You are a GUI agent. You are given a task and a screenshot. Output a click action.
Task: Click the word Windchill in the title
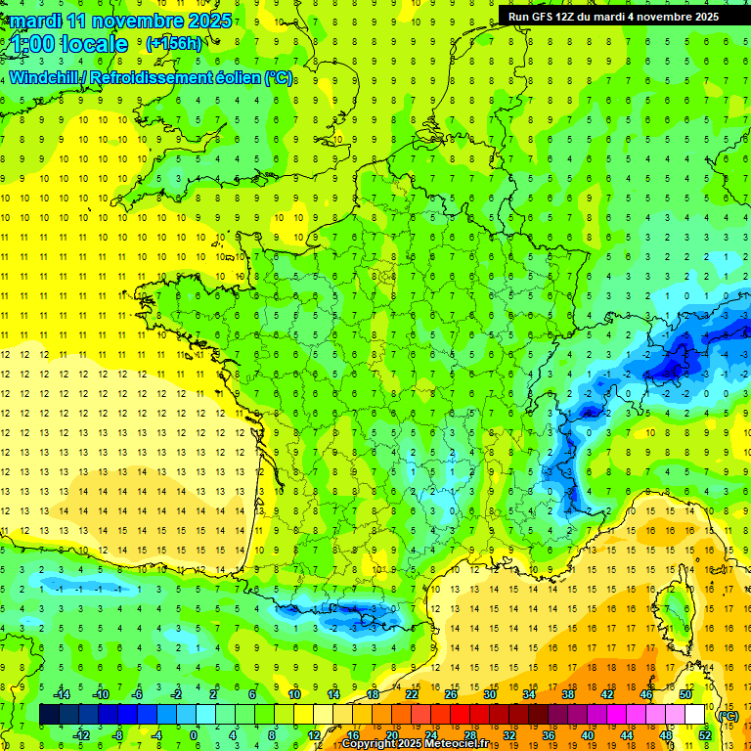[45, 77]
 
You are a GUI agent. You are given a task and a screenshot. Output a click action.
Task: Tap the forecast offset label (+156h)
[173, 43]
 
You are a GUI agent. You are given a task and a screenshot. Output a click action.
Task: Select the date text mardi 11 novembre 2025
[121, 21]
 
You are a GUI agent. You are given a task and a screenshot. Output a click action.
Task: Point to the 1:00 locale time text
[69, 44]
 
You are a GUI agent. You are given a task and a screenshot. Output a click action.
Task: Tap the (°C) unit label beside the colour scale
[728, 715]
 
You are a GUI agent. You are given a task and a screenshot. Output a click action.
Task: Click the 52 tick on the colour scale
[705, 734]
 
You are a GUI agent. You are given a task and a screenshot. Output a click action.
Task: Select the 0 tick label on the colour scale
[193, 734]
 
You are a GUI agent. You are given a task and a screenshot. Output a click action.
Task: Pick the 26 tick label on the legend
[451, 694]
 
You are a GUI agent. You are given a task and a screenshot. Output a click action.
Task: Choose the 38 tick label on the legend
[568, 694]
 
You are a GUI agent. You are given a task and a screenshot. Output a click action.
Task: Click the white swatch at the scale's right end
[695, 715]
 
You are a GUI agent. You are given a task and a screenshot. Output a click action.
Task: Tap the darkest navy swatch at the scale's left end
[50, 715]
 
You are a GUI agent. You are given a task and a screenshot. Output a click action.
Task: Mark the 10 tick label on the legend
[294, 694]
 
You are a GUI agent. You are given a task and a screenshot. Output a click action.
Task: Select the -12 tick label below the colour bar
[82, 734]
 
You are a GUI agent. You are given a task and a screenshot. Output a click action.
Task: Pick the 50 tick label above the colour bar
[685, 694]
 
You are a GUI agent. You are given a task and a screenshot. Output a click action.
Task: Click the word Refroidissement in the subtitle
[150, 77]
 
